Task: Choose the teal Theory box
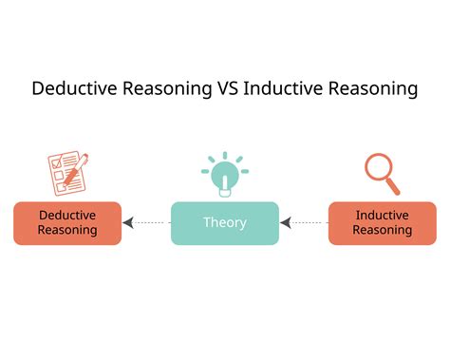point(225,223)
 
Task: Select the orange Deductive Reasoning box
point(67,223)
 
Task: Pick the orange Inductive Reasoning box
point(382,223)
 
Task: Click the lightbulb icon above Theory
point(225,175)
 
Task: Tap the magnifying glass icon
point(383,173)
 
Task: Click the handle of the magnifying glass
point(392,185)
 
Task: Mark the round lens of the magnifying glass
point(379,167)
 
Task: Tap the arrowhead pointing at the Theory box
point(286,223)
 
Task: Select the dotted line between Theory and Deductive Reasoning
point(152,223)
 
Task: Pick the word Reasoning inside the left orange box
point(67,230)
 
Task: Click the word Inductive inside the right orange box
point(383,215)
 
